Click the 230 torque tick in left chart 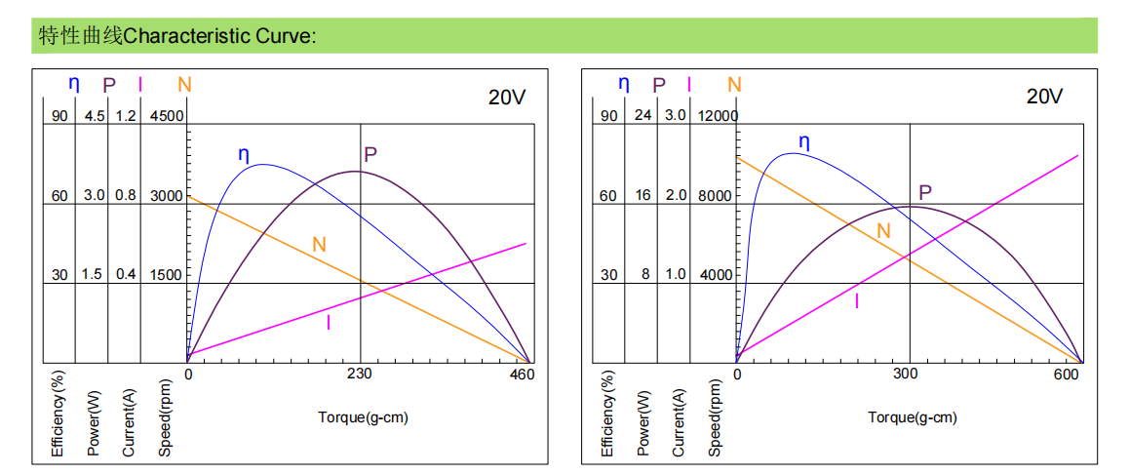360,375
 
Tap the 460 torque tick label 523,375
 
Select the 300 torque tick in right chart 908,375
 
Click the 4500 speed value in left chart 166,116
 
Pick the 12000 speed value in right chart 718,116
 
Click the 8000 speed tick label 715,196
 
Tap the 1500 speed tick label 166,275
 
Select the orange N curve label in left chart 319,245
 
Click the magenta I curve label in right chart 857,301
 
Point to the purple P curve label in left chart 370,154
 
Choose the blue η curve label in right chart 803,142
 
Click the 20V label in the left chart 508,97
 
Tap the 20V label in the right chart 1044,97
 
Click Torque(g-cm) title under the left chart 363,417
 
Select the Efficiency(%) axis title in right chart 608,414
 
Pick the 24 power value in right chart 642,116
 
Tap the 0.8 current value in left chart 126,196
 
